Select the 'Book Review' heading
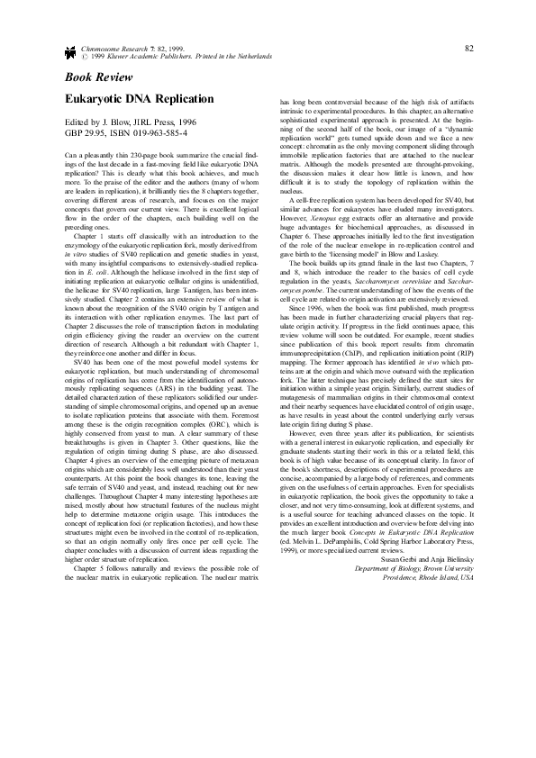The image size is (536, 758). click(88, 76)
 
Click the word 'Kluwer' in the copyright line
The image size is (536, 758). click(123, 55)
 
